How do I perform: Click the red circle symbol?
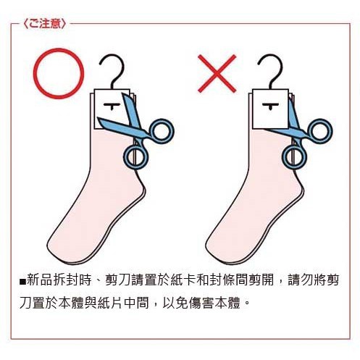coord(59,50)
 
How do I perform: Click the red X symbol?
coord(217,74)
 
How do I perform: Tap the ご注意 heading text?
coord(45,24)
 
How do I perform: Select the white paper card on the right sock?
coord(270,109)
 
